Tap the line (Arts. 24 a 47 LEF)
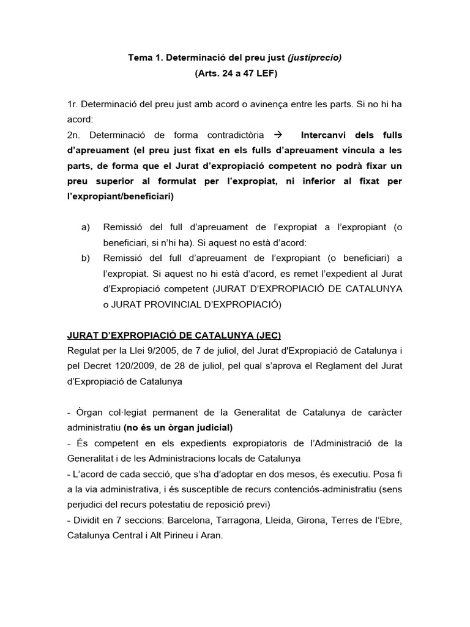[235, 73]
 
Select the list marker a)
[86, 227]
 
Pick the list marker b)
[86, 258]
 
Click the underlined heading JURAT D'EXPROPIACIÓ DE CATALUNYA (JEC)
[174, 335]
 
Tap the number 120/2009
[135, 366]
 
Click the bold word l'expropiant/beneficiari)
[121, 197]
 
